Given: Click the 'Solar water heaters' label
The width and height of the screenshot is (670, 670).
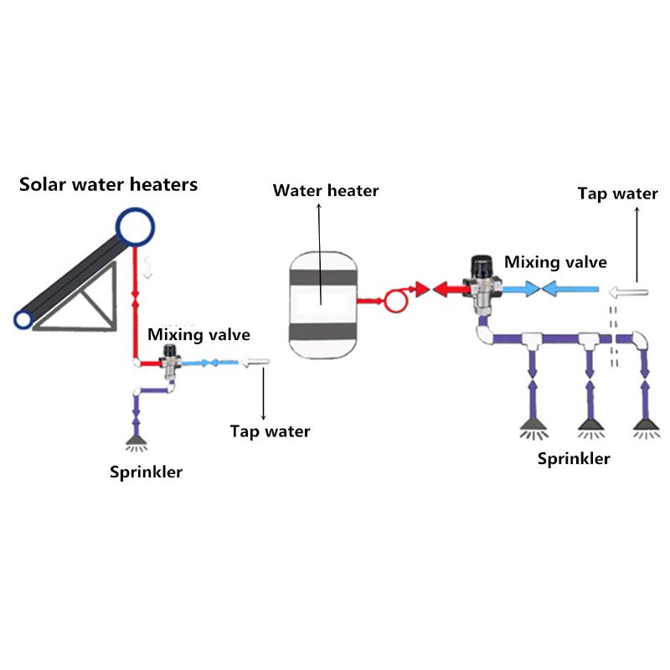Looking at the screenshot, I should pos(109,184).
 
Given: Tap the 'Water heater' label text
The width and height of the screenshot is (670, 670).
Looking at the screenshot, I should pos(326,191).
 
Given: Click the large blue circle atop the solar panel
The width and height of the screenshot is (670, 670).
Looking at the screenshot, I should pos(137,225).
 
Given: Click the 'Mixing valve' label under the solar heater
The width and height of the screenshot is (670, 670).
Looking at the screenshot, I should pos(199,335).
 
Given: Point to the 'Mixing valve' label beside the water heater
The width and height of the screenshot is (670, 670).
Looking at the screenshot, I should pos(555,262).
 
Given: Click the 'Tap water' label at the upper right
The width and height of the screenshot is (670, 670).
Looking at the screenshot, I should pos(618,194).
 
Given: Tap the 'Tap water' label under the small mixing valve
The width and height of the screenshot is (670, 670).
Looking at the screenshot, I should pos(270,432).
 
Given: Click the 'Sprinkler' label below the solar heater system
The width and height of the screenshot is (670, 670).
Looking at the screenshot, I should pos(147,472).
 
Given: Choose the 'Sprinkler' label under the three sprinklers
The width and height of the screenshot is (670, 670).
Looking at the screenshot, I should pos(574,458).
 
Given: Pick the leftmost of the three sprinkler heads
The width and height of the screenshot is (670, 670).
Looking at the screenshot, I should pos(533,426).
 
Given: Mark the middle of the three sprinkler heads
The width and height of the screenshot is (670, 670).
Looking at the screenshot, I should pos(590,426).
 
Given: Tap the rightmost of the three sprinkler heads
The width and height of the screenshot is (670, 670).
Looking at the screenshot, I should pos(643,426).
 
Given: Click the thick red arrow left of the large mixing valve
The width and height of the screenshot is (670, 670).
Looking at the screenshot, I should pos(448,291).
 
